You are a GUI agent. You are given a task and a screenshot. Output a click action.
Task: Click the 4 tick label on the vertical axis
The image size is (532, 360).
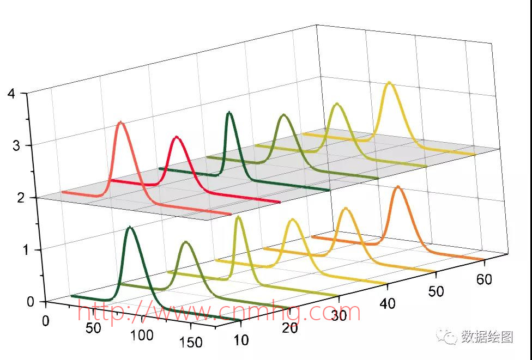(x=11, y=93)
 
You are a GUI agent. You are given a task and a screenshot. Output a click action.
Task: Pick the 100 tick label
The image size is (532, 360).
(x=142, y=335)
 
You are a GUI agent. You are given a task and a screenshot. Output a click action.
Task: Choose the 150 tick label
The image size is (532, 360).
(x=190, y=342)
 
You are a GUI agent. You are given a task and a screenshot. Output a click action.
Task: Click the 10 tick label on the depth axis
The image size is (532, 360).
(x=240, y=340)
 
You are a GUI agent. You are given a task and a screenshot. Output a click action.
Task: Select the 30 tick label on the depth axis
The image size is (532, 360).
(x=338, y=315)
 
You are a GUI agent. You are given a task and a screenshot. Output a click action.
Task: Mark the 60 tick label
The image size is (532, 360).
(x=484, y=279)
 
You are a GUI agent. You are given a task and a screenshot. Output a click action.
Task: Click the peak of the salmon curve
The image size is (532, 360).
(x=120, y=123)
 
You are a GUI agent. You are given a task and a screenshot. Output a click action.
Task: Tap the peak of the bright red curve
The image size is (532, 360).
(x=176, y=137)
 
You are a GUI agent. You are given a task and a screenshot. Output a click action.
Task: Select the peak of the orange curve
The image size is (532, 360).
(x=398, y=187)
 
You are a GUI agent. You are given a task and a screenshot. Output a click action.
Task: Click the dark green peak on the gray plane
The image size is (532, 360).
(x=229, y=112)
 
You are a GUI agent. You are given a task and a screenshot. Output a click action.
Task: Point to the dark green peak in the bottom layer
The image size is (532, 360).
(x=130, y=227)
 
